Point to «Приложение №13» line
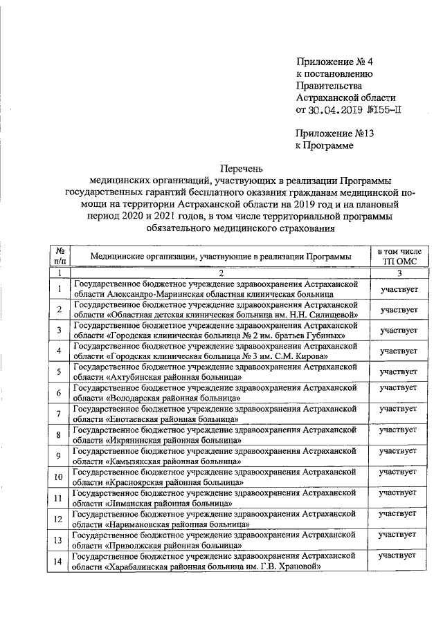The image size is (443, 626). tap(330, 134)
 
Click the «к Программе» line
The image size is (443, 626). tap(324, 146)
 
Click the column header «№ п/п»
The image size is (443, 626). tap(60, 257)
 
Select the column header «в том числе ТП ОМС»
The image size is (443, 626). tap(401, 257)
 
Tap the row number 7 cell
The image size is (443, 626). tap(60, 414)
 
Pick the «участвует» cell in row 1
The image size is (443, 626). tap(401, 288)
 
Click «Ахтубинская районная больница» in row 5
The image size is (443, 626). tap(174, 378)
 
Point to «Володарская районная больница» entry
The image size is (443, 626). tap(174, 398)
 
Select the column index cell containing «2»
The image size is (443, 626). tap(220, 273)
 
